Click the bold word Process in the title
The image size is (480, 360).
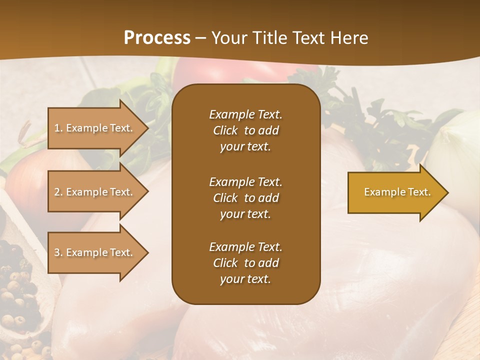(x=157, y=38)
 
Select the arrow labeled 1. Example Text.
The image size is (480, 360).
(x=95, y=128)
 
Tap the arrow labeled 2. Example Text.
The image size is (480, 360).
(x=95, y=192)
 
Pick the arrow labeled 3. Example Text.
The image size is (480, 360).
(x=95, y=252)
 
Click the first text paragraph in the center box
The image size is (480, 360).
(x=245, y=130)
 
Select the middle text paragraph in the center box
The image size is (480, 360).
(x=245, y=198)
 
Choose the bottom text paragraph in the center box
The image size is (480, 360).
(x=245, y=263)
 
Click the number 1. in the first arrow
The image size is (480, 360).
(x=58, y=128)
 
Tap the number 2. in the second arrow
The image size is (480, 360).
(x=58, y=192)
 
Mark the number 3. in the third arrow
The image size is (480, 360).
(x=58, y=252)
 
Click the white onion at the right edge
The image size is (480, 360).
(x=457, y=145)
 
